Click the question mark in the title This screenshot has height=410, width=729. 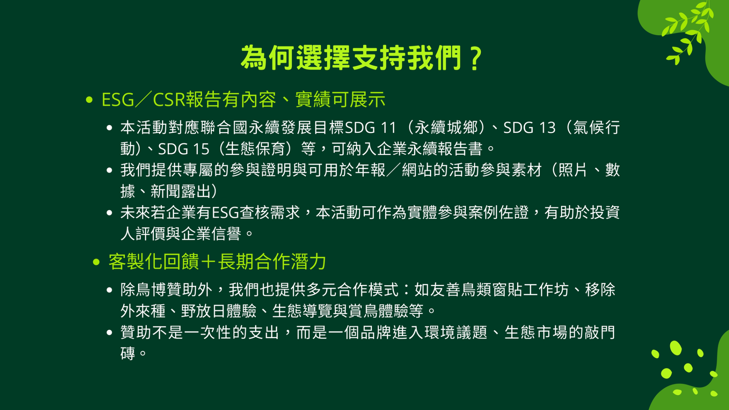476,58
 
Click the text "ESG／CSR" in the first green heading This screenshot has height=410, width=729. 143,99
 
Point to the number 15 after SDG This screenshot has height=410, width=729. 201,149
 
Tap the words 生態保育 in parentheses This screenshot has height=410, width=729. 255,149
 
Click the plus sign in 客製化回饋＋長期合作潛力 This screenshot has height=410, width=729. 208,262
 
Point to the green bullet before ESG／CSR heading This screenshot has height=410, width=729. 89,100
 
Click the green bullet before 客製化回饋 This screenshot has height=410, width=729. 96,262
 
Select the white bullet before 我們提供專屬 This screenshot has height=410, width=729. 109,170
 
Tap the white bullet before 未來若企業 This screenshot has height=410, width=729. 109,213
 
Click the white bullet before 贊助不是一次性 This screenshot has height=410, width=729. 109,332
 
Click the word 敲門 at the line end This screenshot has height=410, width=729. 600,332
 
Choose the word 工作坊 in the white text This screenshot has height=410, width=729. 546,290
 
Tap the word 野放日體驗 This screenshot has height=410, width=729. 219,311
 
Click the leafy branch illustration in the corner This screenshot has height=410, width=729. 687,31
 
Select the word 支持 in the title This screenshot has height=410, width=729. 379,58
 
